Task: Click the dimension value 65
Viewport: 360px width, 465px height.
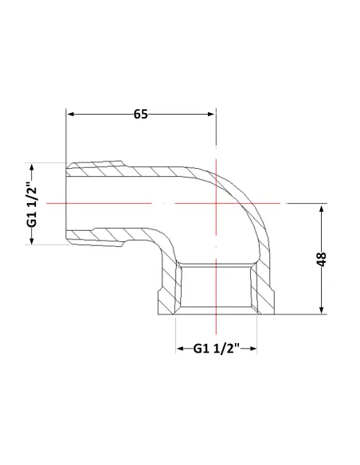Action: (x=140, y=114)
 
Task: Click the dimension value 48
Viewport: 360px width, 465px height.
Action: (x=321, y=260)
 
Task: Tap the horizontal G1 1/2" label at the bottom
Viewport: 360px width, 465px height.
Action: (x=216, y=349)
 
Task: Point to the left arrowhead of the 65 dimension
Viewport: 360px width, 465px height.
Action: (x=71, y=114)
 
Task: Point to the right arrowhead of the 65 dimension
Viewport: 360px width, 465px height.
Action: (x=210, y=114)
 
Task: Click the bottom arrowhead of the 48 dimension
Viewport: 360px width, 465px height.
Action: (x=321, y=309)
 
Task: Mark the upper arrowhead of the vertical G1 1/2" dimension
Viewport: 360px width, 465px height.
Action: (x=32, y=167)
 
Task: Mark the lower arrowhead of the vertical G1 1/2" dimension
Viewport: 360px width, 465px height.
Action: (x=32, y=240)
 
